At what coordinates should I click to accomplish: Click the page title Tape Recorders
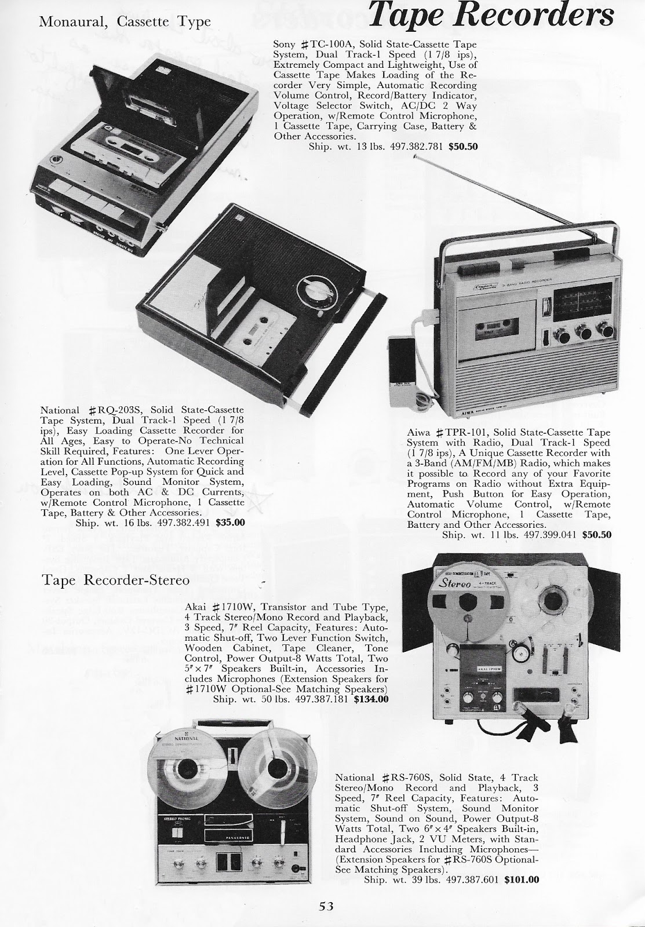(490, 18)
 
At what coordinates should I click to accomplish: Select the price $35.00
(229, 521)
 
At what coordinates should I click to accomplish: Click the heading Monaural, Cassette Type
(125, 22)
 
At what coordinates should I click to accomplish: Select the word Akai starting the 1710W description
(196, 607)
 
